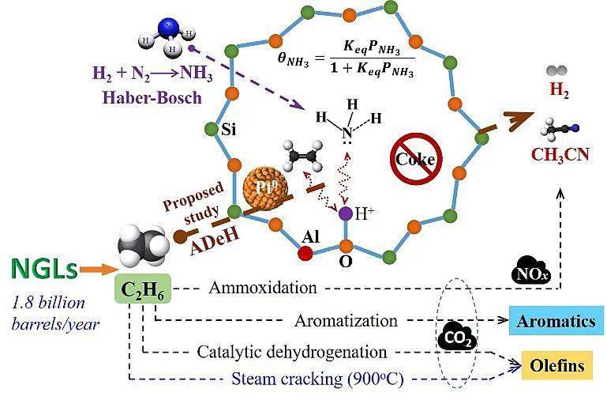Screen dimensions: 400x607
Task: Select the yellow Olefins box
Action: (x=557, y=366)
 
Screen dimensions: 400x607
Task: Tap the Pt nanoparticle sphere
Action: (x=261, y=189)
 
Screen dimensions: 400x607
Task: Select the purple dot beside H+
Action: (x=344, y=213)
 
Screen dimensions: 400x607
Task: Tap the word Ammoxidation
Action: (x=263, y=289)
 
